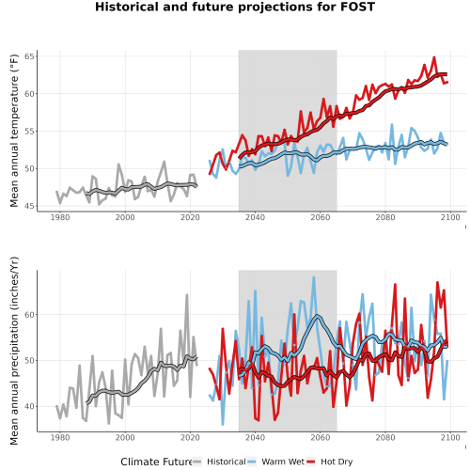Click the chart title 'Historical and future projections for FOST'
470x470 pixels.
pyautogui.click(x=235, y=7)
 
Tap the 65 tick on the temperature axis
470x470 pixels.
pyautogui.click(x=29, y=56)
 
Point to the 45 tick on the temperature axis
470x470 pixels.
pyautogui.click(x=29, y=206)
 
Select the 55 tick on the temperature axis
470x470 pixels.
pyautogui.click(x=29, y=132)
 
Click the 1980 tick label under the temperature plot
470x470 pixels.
pyautogui.click(x=60, y=217)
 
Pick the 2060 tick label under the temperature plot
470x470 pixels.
pyautogui.click(x=321, y=217)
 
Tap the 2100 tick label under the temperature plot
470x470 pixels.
pyautogui.click(x=450, y=217)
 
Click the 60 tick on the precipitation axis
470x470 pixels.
pyautogui.click(x=29, y=315)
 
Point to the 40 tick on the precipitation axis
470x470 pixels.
pyautogui.click(x=29, y=407)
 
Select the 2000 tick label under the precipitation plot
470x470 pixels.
pyautogui.click(x=125, y=437)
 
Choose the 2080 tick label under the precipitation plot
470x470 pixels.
pyautogui.click(x=385, y=437)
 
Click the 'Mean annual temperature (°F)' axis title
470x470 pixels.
pyautogui.click(x=14, y=131)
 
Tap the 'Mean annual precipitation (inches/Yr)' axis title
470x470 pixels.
pyautogui.click(x=14, y=351)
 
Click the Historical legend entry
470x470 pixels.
pyautogui.click(x=219, y=462)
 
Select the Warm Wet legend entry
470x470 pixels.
pyautogui.click(x=275, y=462)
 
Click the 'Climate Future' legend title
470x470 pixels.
pyautogui.click(x=156, y=462)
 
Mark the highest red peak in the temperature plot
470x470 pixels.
pyautogui.click(x=434, y=57)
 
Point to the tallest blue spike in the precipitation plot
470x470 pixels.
pyautogui.click(x=314, y=277)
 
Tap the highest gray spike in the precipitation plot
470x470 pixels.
pyautogui.click(x=187, y=295)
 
